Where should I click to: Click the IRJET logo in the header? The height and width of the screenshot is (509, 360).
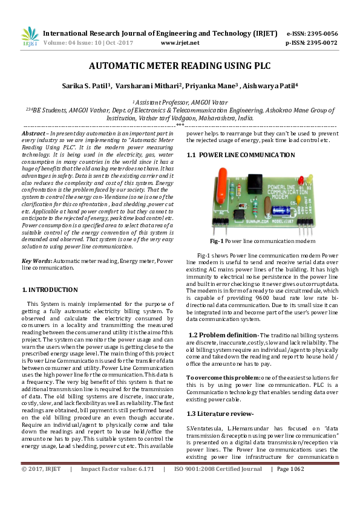tap(30, 37)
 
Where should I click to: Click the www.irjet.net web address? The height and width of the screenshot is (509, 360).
tap(180, 43)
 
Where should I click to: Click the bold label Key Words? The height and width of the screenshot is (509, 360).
tap(35, 261)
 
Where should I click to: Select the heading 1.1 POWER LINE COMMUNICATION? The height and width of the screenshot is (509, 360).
tap(241, 155)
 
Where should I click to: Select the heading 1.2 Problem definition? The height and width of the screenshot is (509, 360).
tap(223, 335)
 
